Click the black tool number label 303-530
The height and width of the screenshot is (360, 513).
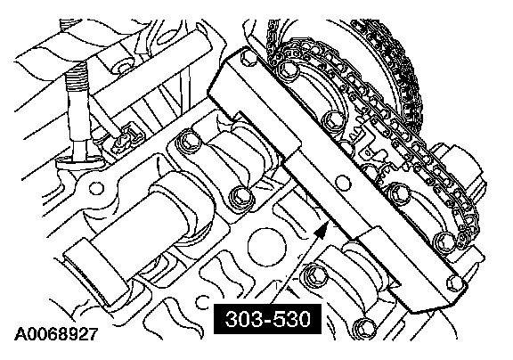coord(267,319)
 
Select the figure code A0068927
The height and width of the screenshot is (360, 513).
coord(56,334)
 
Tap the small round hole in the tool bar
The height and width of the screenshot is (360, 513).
coord(343,183)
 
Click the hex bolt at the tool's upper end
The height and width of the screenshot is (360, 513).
coord(249,58)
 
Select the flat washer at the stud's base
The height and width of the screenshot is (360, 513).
coord(79,160)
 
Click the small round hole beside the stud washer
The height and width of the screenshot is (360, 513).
coord(96,188)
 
